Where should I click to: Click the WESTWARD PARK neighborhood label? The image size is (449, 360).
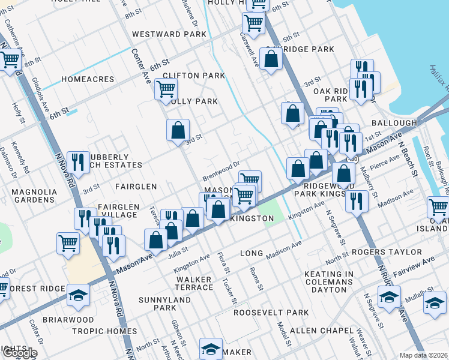[169, 35]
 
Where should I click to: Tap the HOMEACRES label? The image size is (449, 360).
[88, 79]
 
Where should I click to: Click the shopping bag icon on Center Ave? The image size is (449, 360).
[178, 130]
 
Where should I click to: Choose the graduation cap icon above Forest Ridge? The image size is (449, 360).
[78, 295]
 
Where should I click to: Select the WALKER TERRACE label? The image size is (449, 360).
[194, 283]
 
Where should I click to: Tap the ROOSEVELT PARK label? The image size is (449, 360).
[271, 313]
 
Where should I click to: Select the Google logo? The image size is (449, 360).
[19, 353]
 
